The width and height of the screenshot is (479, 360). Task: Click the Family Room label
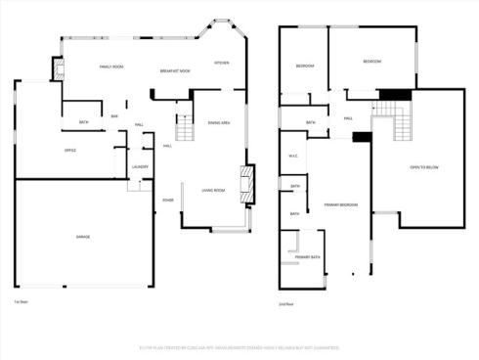pos(111,67)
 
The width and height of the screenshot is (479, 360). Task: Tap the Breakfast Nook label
pos(175,70)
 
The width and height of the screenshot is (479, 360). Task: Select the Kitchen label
pos(222,63)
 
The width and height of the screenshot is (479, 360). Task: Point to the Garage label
pos(84,237)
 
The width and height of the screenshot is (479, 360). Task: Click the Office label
pos(70,150)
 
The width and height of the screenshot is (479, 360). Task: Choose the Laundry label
pos(140,166)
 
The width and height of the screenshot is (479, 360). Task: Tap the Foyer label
pos(168,201)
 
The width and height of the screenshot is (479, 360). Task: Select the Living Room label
pos(213,190)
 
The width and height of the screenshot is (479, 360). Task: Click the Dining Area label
pos(219,122)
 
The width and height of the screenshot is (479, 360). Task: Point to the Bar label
pos(114,117)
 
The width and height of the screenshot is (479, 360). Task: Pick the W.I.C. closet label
pos(292,157)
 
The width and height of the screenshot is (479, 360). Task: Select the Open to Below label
pos(424,167)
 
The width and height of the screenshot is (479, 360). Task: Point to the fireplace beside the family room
pos(59,68)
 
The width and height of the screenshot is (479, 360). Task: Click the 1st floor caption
pos(20,302)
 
